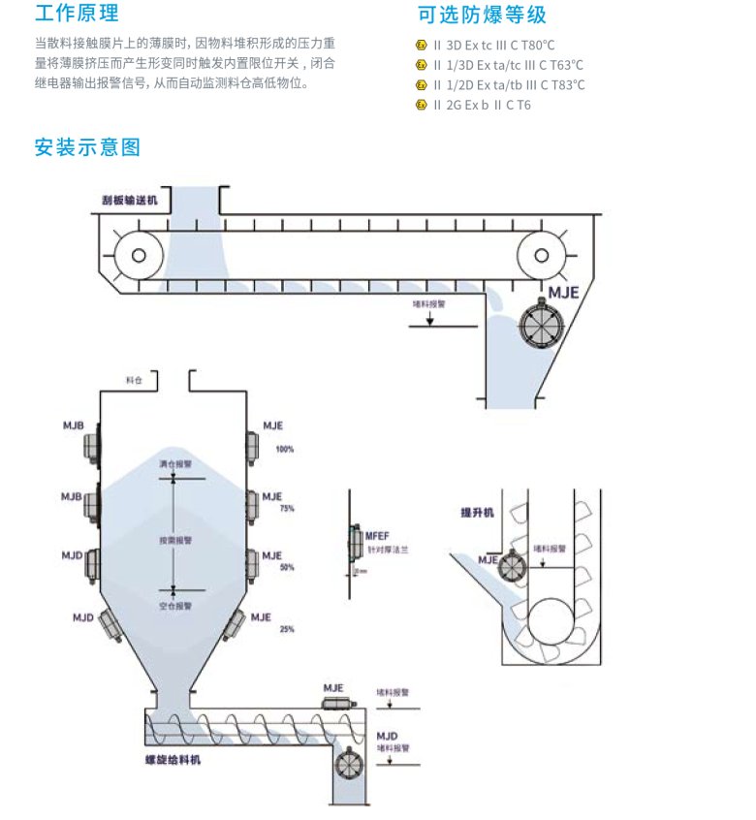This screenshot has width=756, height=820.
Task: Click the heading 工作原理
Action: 77,15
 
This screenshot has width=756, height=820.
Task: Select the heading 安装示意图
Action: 87,147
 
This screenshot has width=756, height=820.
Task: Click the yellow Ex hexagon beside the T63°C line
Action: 421,65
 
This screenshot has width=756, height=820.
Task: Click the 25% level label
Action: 286,630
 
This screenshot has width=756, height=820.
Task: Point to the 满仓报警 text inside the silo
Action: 175,464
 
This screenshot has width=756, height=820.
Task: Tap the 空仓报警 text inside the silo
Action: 175,605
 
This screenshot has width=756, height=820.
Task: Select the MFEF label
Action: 377,535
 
